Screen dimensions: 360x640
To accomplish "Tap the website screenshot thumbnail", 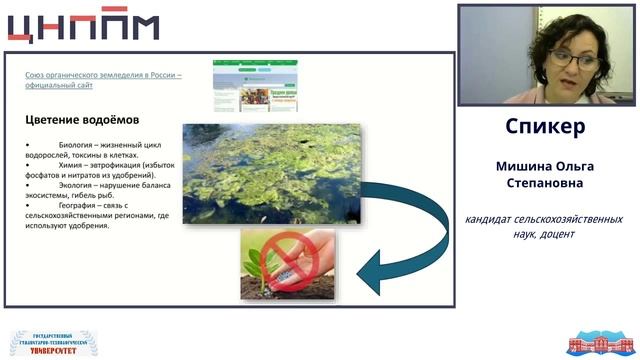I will pos(255,85).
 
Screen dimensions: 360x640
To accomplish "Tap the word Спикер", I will pos(545,128).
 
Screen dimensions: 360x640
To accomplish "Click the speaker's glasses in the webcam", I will pos(576,59).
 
